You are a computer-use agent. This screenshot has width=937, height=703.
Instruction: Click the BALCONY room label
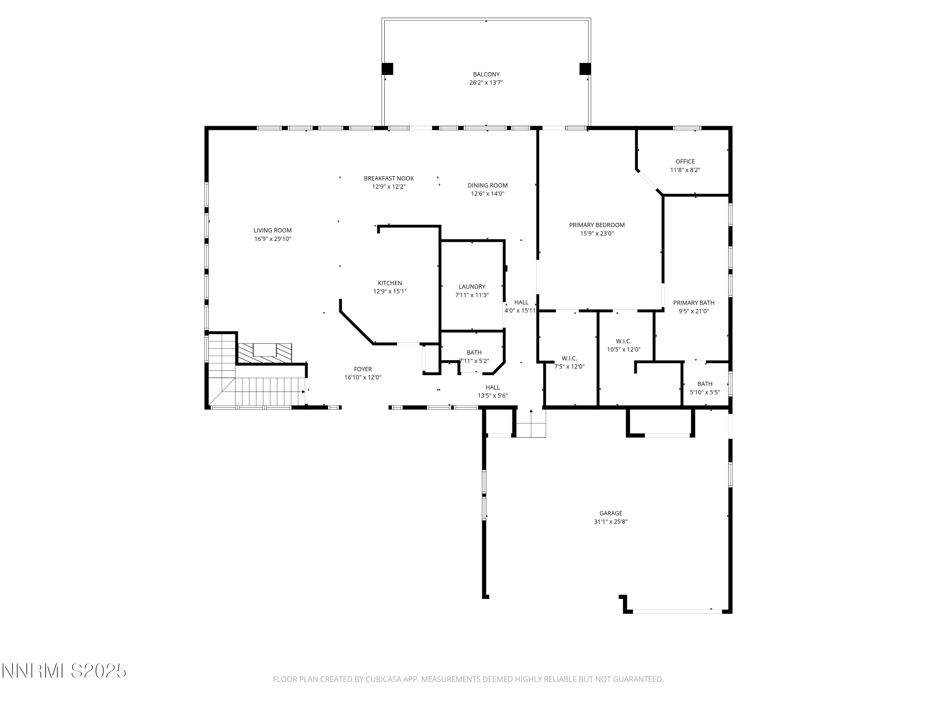pyautogui.click(x=486, y=74)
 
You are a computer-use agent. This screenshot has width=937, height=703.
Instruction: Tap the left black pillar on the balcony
pyautogui.click(x=387, y=69)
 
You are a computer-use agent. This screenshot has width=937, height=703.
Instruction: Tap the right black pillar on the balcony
pyautogui.click(x=585, y=69)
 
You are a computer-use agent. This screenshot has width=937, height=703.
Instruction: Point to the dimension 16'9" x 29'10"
pyautogui.click(x=272, y=239)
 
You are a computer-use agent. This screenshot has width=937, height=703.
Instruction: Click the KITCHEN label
pyautogui.click(x=390, y=283)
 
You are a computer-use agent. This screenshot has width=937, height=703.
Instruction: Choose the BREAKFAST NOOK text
pyautogui.click(x=389, y=178)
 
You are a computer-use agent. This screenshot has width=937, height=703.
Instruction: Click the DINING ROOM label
pyautogui.click(x=487, y=185)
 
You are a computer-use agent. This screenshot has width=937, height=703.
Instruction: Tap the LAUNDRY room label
pyautogui.click(x=472, y=287)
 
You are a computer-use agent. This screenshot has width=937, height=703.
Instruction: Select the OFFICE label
pyautogui.click(x=685, y=162)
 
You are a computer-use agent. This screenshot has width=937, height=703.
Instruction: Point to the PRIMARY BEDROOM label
pyautogui.click(x=597, y=225)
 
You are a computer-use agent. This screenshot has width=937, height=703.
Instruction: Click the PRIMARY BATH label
pyautogui.click(x=693, y=302)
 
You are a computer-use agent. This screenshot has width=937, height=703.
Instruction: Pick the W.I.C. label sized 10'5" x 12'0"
pyautogui.click(x=623, y=341)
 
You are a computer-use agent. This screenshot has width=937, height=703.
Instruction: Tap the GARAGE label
pyautogui.click(x=610, y=513)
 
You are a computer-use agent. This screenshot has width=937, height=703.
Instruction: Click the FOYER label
pyautogui.click(x=363, y=369)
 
